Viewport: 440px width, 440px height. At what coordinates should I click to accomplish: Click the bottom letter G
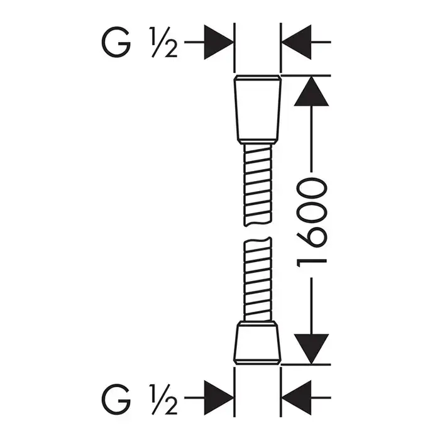(116, 398)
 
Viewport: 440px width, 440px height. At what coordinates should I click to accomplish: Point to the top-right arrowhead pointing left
(297, 42)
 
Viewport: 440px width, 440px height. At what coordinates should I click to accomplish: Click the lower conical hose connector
(257, 343)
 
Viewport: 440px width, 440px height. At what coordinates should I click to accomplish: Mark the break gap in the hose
(256, 231)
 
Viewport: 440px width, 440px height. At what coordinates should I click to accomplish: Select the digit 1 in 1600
(312, 263)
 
